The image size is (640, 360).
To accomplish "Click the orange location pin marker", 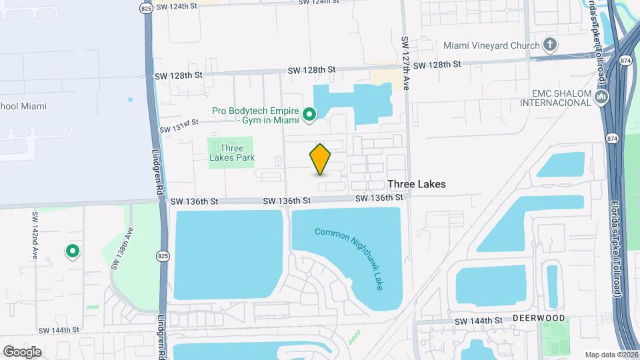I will pos(320,159).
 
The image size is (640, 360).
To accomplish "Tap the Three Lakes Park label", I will pos(232,153).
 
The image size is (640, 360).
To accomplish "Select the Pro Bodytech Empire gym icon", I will pos(309,116).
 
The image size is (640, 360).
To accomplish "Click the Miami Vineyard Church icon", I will pos(549,45).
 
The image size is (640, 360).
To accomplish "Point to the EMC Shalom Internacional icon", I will pos(602,97).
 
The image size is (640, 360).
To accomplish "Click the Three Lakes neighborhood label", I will pos(417,183).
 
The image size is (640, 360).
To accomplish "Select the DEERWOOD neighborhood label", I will pos(539,319).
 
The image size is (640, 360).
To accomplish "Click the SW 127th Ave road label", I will pos(405,63).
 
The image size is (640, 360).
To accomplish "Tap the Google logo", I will pos(22,351).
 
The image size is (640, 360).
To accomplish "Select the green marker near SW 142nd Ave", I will pos(72,251).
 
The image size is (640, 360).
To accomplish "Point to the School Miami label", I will pos(27,106).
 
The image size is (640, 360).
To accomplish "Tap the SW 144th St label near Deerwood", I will pos(479,321).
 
